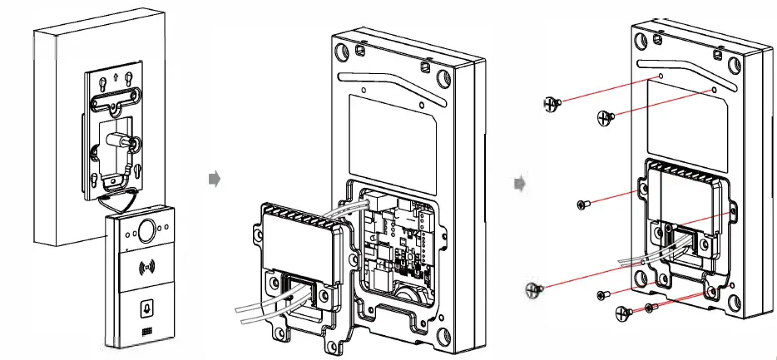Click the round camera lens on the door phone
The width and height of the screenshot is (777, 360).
[151, 229]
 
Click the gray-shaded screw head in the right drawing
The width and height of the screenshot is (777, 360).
[532, 289]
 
